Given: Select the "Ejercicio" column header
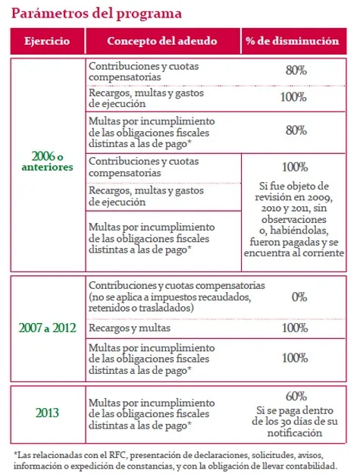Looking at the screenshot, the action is [47, 41].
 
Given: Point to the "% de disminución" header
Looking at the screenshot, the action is [292, 41].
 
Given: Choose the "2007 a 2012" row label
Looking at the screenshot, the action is [47, 328].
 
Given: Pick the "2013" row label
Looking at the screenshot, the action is [47, 413].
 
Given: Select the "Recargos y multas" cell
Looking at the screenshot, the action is [125, 328].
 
